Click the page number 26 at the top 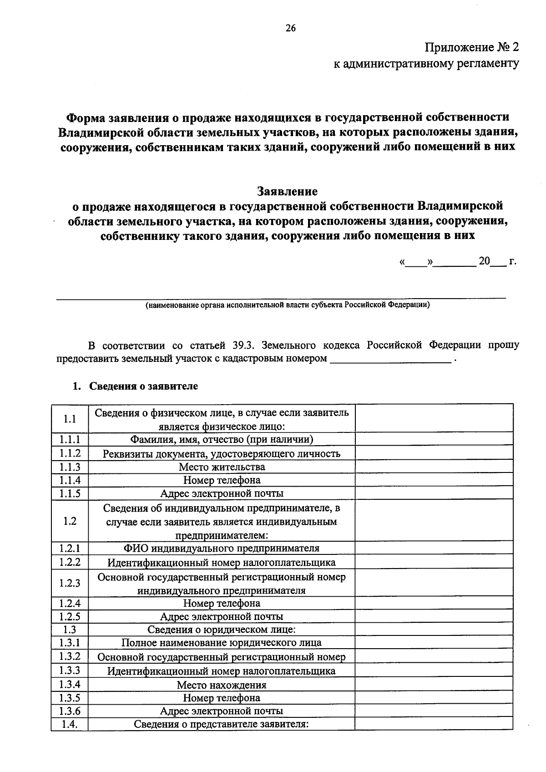pos(290,28)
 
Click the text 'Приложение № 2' pos(471,47)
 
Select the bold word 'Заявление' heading pos(287,191)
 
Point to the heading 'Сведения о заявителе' pos(143,386)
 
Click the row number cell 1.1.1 pos(70,439)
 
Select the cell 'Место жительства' pos(222,467)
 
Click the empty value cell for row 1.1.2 pos(434,453)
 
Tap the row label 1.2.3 pos(70,583)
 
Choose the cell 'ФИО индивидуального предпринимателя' pos(222,548)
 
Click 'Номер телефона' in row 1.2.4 pos(222,603)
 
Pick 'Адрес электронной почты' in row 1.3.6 pos(222,711)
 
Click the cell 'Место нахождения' pos(222,685)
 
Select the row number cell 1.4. pos(70,724)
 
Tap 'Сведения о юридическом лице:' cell pos(222,630)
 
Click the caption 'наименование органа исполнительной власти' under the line pos(287,305)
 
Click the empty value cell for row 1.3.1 pos(434,643)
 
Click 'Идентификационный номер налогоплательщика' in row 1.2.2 pos(222,563)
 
